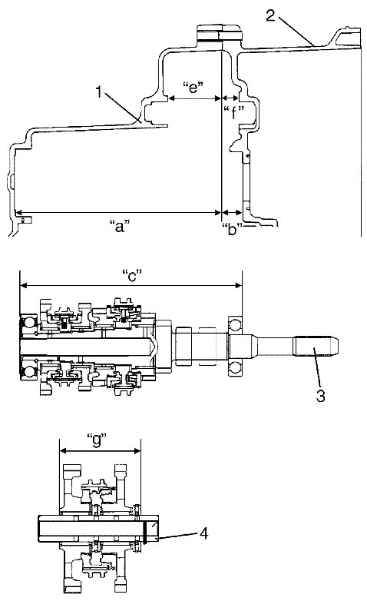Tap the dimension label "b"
tap(232, 230)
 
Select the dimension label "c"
tap(131, 275)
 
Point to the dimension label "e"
tap(193, 88)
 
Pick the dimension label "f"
tap(233, 112)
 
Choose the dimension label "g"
tap(97, 440)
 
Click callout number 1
tap(99, 92)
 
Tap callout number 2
tap(271, 15)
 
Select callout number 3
tap(321, 395)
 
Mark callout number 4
tap(204, 533)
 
